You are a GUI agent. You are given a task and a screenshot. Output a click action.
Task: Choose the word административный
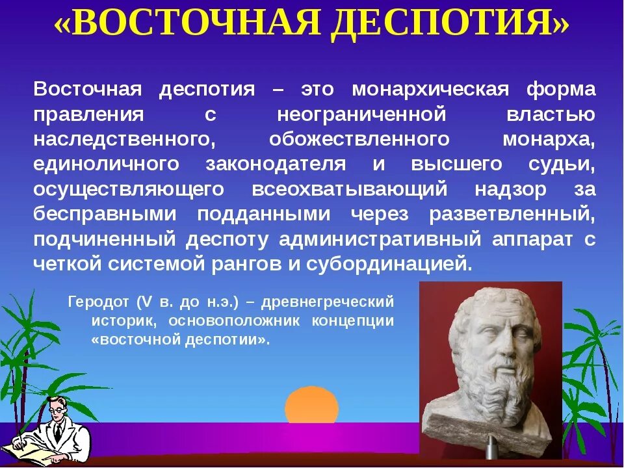[380, 239]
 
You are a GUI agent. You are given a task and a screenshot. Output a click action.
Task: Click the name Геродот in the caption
[98, 302]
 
